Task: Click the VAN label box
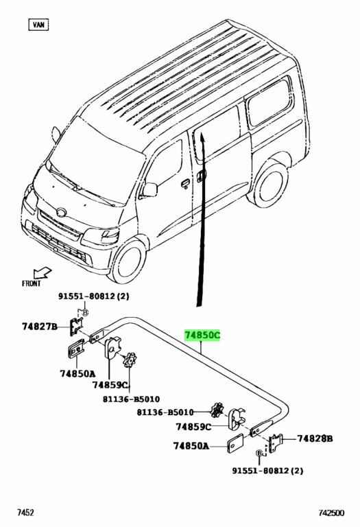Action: coord(38,25)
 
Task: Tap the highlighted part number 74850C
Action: coord(202,335)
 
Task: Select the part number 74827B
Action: coord(40,326)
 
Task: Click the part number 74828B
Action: coord(315,438)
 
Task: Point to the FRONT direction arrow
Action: coord(43,272)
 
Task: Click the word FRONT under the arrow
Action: coord(31,283)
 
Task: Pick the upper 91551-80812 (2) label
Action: coord(94,296)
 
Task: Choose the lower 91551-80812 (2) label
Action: coord(267,470)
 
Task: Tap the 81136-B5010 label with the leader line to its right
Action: coord(165,412)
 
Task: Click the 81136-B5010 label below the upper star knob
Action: coord(131,399)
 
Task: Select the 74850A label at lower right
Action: coord(191,445)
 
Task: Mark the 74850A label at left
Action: coord(77,373)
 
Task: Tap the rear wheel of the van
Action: coord(268,183)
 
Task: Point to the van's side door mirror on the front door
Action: coord(149,190)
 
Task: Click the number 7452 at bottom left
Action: coord(26,513)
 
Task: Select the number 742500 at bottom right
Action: coord(331,513)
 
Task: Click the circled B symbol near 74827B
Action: coord(85,313)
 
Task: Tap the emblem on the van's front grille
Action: coord(62,213)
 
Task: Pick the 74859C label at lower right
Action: coord(193,427)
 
